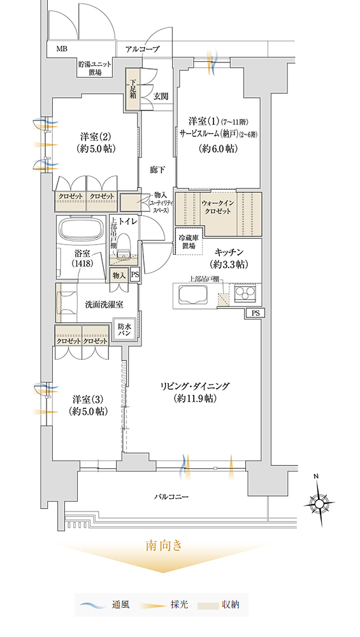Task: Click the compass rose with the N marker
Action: tap(319, 503)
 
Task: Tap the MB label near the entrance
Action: tap(62, 50)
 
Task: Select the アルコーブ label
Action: tap(143, 50)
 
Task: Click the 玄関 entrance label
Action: tap(161, 96)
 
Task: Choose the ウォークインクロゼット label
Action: tap(216, 207)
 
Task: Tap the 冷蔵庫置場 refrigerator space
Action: tap(189, 241)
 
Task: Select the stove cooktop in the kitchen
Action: tap(245, 293)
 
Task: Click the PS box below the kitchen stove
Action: tap(255, 313)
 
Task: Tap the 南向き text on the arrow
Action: tap(164, 546)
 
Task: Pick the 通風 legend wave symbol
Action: tap(94, 605)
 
